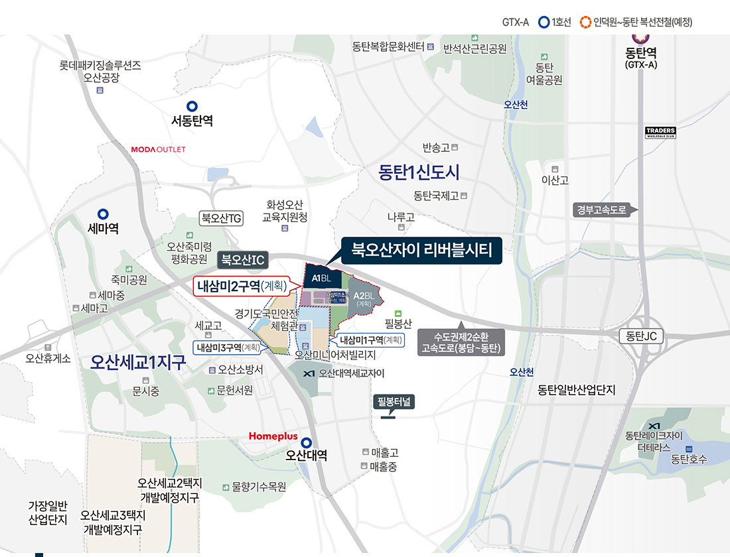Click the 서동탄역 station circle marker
click(192, 105)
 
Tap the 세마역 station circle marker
click(103, 214)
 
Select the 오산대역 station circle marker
click(306, 442)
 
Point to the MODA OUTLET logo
click(159, 149)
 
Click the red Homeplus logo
click(273, 436)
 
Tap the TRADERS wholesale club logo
click(660, 132)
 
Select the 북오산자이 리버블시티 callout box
click(421, 250)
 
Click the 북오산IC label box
click(243, 259)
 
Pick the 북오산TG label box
click(222, 217)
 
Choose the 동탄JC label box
click(641, 336)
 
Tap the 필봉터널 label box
click(395, 402)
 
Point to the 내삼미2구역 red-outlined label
click(241, 286)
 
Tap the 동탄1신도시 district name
click(419, 172)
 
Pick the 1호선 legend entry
click(554, 22)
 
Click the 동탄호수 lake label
click(688, 459)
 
